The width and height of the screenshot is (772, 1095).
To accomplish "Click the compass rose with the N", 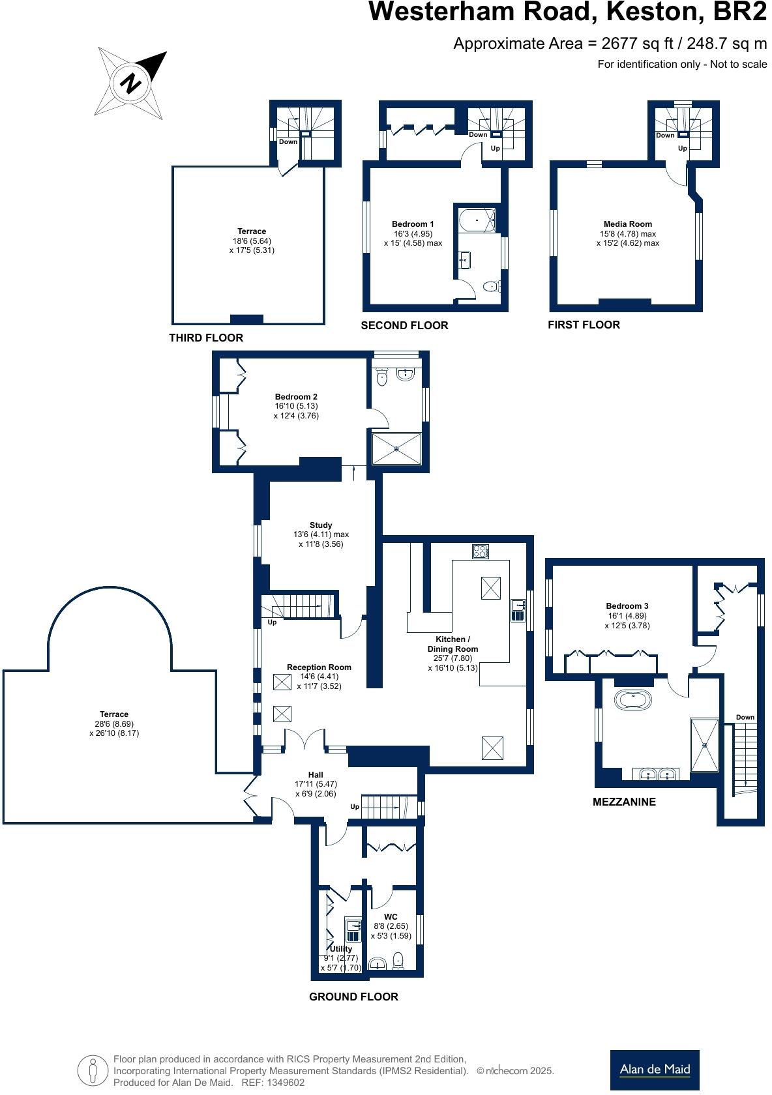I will (x=130, y=83).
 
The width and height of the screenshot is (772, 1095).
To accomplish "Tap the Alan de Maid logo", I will (x=654, y=1070).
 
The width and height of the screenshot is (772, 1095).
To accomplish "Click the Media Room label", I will (x=627, y=224).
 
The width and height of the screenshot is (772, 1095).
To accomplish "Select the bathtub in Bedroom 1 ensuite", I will (x=477, y=220).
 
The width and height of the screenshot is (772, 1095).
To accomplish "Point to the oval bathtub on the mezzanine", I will (x=632, y=701).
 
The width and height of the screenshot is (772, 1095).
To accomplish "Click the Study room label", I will (x=321, y=525).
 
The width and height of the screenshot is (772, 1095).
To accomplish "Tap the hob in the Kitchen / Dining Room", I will (x=481, y=551).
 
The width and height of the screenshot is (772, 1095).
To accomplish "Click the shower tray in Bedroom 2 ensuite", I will (x=396, y=448).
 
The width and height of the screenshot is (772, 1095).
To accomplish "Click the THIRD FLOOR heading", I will (x=206, y=338).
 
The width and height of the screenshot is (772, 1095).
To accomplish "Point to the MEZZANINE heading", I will (x=624, y=802).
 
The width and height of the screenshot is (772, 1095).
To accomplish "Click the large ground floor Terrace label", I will (x=114, y=714).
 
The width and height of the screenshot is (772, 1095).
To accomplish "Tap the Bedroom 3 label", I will (x=627, y=606).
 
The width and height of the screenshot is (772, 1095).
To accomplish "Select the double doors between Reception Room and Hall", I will (x=304, y=741).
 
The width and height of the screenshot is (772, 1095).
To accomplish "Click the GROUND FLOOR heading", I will (x=353, y=997).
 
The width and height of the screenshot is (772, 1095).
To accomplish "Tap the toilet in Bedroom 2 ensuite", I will (x=383, y=377).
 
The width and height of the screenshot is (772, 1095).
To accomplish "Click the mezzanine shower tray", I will (x=705, y=744).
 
